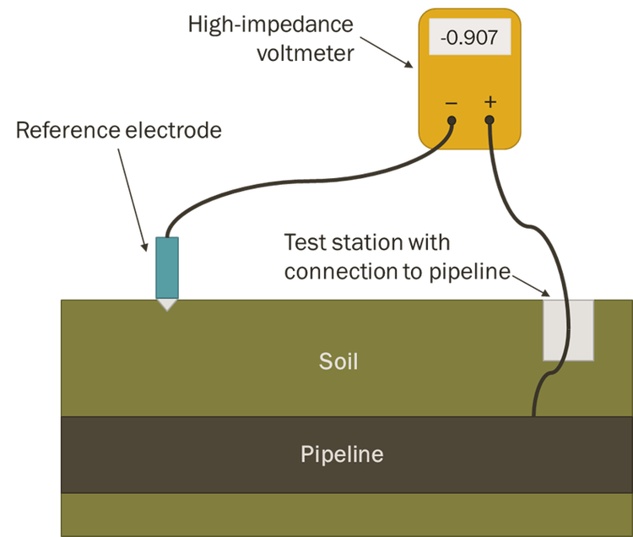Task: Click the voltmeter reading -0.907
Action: [x=463, y=39]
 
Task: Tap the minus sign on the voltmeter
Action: [x=452, y=103]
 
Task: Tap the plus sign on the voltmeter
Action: [x=490, y=102]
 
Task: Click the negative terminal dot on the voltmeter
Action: [x=452, y=121]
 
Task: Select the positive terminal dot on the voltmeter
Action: [x=490, y=121]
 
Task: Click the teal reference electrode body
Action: [x=167, y=266]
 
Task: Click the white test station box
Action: [x=568, y=329]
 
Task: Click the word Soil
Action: [x=338, y=362]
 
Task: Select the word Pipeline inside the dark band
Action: [x=342, y=455]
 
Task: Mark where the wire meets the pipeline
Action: [x=533, y=415]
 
